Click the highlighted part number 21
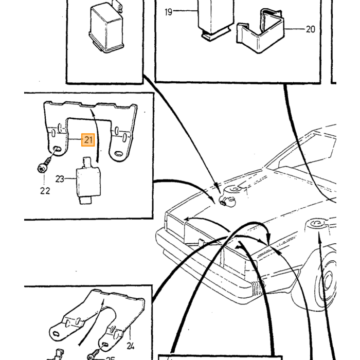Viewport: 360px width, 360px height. click(88, 140)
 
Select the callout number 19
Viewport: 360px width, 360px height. click(169, 12)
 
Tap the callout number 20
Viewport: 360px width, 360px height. click(311, 29)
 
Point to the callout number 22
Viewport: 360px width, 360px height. click(45, 191)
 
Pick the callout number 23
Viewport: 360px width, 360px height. click(60, 179)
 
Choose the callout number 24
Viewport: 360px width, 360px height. click(131, 346)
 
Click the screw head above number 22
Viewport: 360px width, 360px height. click(42, 169)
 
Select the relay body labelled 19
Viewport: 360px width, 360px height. click(215, 20)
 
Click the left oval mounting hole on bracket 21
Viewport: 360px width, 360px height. click(56, 149)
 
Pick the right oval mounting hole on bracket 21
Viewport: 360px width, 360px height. click(119, 153)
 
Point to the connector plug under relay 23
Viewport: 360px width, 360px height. click(85, 200)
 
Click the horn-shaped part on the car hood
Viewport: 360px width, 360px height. click(228, 197)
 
